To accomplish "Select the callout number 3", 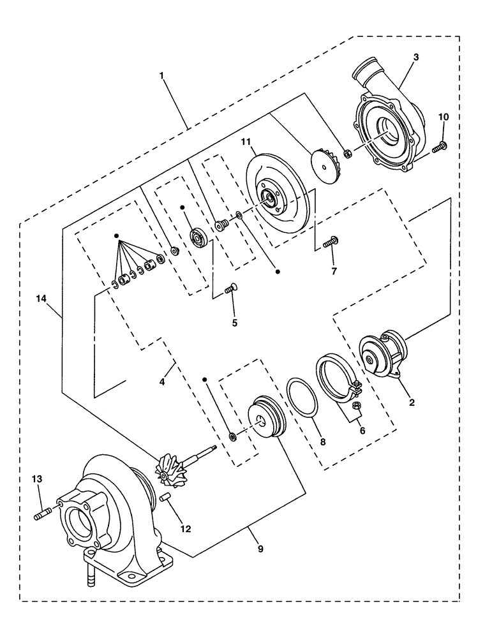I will tap(415, 57).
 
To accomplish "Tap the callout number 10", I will tap(444, 117).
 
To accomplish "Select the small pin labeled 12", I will tap(165, 496).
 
